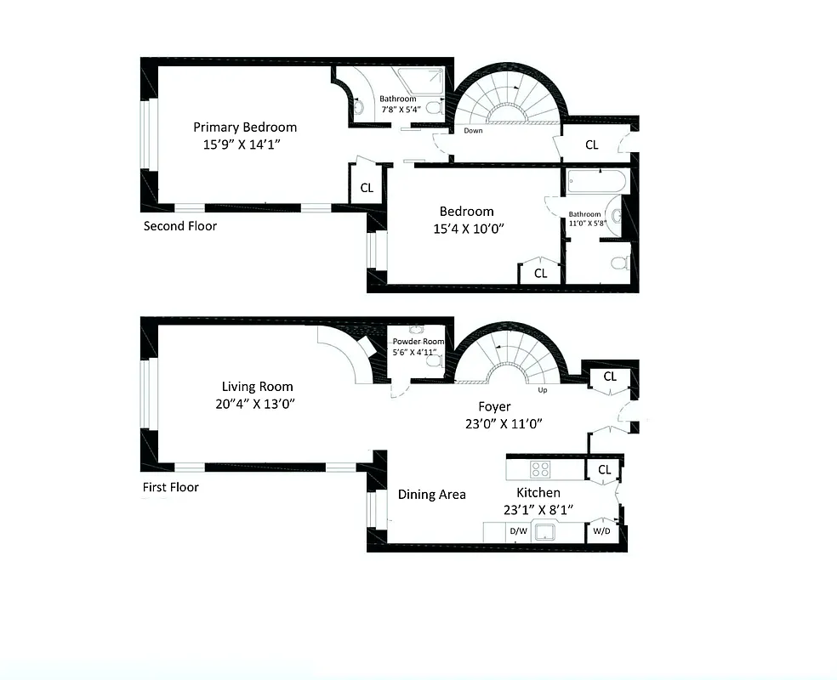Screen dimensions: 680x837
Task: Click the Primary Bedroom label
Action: pyautogui.click(x=244, y=127)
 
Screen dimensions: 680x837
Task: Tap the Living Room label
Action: pyautogui.click(x=257, y=387)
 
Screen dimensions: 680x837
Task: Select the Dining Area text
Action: pyautogui.click(x=431, y=495)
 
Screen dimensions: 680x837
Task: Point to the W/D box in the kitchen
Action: pyautogui.click(x=601, y=531)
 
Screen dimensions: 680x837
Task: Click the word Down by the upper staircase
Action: pyautogui.click(x=473, y=131)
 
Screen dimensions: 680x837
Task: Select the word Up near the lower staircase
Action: pyautogui.click(x=542, y=391)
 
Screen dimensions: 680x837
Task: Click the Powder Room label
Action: pyautogui.click(x=418, y=342)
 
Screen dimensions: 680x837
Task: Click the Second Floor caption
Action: pyautogui.click(x=179, y=226)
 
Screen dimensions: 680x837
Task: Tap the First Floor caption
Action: pyautogui.click(x=170, y=488)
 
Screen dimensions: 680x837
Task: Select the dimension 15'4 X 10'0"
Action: pyautogui.click(x=465, y=228)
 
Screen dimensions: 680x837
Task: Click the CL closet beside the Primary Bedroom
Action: pyautogui.click(x=367, y=188)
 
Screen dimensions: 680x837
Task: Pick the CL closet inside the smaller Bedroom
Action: pyautogui.click(x=540, y=274)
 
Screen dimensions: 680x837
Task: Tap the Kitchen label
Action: pyautogui.click(x=538, y=493)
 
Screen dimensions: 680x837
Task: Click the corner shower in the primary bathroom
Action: pyautogui.click(x=425, y=82)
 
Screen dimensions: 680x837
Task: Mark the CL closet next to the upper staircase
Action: pyautogui.click(x=591, y=144)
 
